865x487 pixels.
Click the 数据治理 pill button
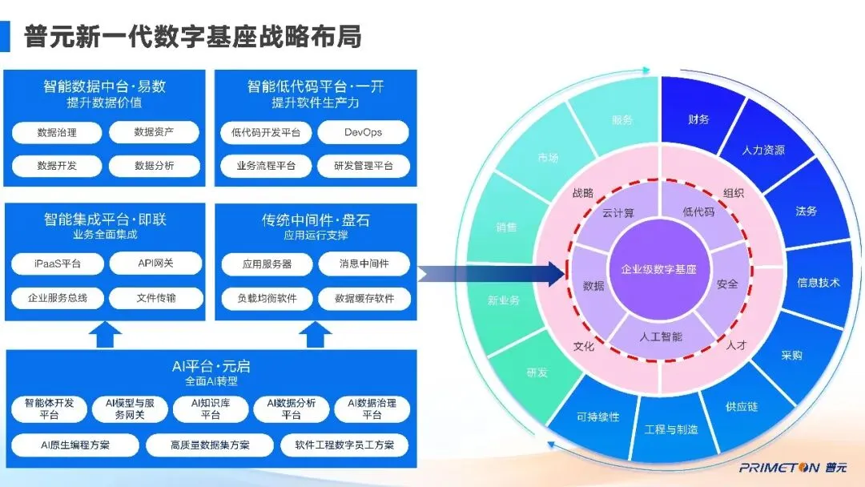[57, 132]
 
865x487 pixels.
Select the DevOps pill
[363, 132]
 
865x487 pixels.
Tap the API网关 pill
[155, 264]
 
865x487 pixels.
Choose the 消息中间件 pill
[364, 264]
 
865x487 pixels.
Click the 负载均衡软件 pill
[266, 298]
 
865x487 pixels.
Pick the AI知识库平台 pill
[211, 409]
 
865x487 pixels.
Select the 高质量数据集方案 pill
[210, 445]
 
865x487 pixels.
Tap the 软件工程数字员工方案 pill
[344, 445]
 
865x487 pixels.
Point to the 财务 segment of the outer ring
[698, 119]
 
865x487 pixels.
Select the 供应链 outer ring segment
[742, 406]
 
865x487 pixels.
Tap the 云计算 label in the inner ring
[618, 212]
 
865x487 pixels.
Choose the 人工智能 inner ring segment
[662, 337]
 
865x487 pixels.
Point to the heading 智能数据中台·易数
[104, 86]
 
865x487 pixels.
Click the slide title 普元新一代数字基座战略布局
[192, 36]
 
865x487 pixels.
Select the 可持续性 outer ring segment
[597, 417]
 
